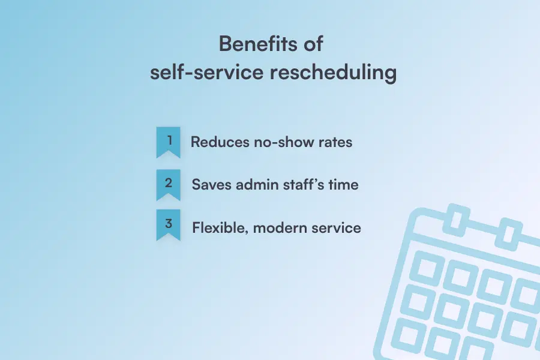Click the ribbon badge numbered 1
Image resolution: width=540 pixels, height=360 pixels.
click(169, 142)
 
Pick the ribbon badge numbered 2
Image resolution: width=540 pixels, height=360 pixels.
click(169, 184)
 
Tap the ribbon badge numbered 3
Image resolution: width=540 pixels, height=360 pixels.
click(169, 224)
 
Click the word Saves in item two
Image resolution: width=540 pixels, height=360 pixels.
click(210, 185)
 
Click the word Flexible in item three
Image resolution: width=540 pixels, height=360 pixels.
click(214, 228)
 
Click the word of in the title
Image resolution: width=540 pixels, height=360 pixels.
click(312, 44)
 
